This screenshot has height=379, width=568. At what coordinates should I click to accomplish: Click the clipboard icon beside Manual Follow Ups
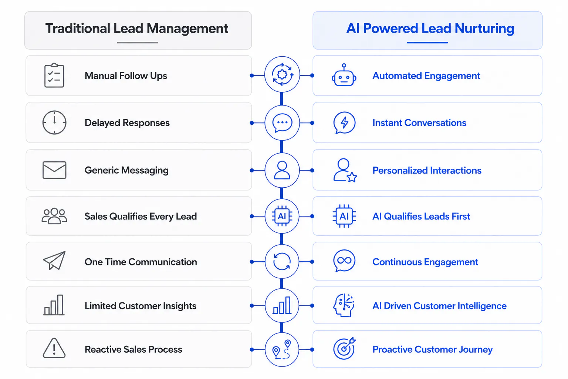54,76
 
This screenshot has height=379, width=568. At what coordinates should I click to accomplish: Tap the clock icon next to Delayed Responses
54,123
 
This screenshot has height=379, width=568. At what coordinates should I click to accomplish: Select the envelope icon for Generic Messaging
54,170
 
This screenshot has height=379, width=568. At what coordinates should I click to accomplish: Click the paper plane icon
54,261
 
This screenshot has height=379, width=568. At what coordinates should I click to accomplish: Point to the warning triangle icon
54,348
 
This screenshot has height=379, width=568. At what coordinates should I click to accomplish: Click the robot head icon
344,75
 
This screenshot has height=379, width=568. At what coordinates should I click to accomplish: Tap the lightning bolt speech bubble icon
344,123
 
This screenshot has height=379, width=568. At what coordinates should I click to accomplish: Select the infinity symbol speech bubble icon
344,261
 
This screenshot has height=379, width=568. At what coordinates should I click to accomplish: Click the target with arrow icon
344,348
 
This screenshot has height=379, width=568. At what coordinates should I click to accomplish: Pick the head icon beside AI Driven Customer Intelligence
344,305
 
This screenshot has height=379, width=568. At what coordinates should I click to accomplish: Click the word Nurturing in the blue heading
484,28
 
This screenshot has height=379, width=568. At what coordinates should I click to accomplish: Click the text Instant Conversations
419,123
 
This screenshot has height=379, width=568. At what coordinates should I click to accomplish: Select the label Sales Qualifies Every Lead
141,216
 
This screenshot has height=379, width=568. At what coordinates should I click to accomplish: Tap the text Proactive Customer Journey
432,349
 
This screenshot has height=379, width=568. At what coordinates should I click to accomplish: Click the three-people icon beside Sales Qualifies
54,216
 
